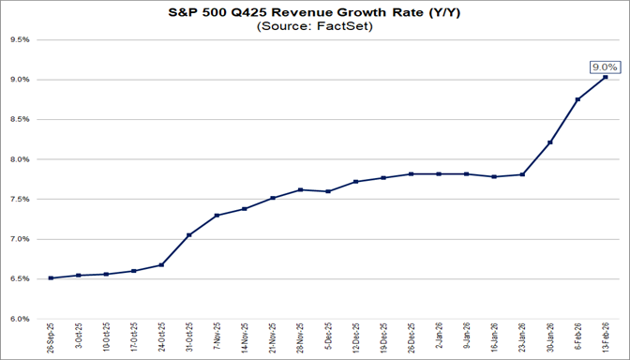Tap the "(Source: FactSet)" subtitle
(x=314, y=27)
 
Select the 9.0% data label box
(x=602, y=67)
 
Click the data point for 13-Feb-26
(x=605, y=77)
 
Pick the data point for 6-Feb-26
(x=577, y=99)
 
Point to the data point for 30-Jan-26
(x=550, y=142)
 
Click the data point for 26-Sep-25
(x=51, y=277)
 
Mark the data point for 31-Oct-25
(x=189, y=234)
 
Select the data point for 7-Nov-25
(x=217, y=216)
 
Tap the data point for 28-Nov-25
(x=300, y=189)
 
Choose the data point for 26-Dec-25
(x=412, y=174)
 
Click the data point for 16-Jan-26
(x=494, y=176)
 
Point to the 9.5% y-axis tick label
(x=22, y=40)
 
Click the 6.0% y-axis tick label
(x=22, y=319)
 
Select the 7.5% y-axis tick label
(x=22, y=200)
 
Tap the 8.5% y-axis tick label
(x=22, y=120)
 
